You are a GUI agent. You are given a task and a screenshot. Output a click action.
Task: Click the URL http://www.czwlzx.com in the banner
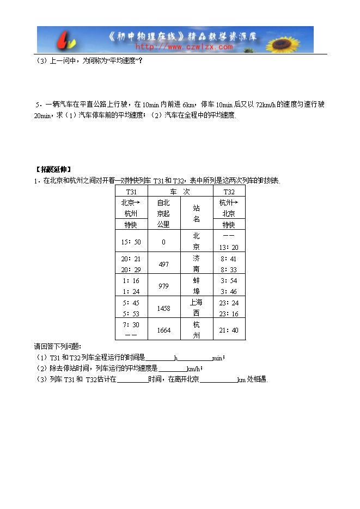coord(184,47)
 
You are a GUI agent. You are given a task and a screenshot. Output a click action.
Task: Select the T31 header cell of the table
coord(131,191)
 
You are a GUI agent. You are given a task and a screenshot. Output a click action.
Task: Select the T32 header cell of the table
coord(229,191)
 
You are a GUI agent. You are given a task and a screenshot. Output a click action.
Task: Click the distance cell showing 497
coord(163,264)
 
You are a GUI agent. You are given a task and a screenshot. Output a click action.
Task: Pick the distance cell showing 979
coord(163,286)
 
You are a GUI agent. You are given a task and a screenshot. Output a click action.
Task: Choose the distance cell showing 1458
coord(163,308)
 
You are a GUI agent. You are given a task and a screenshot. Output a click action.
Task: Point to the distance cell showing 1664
coord(163,330)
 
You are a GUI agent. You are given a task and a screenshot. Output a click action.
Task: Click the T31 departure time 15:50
coord(131,242)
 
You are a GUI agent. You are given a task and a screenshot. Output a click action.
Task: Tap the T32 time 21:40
coord(229,330)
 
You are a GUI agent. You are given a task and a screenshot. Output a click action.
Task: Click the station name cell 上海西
coord(196,308)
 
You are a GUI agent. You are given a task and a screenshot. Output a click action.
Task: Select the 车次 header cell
coord(180,191)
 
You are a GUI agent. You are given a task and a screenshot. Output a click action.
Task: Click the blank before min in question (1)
coord(195,358)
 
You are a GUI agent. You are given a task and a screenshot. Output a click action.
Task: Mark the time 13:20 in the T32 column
coord(229,247)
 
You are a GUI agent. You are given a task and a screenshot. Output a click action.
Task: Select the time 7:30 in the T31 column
coord(131,324)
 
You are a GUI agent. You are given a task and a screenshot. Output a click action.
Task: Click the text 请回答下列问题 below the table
coord(57,346)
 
